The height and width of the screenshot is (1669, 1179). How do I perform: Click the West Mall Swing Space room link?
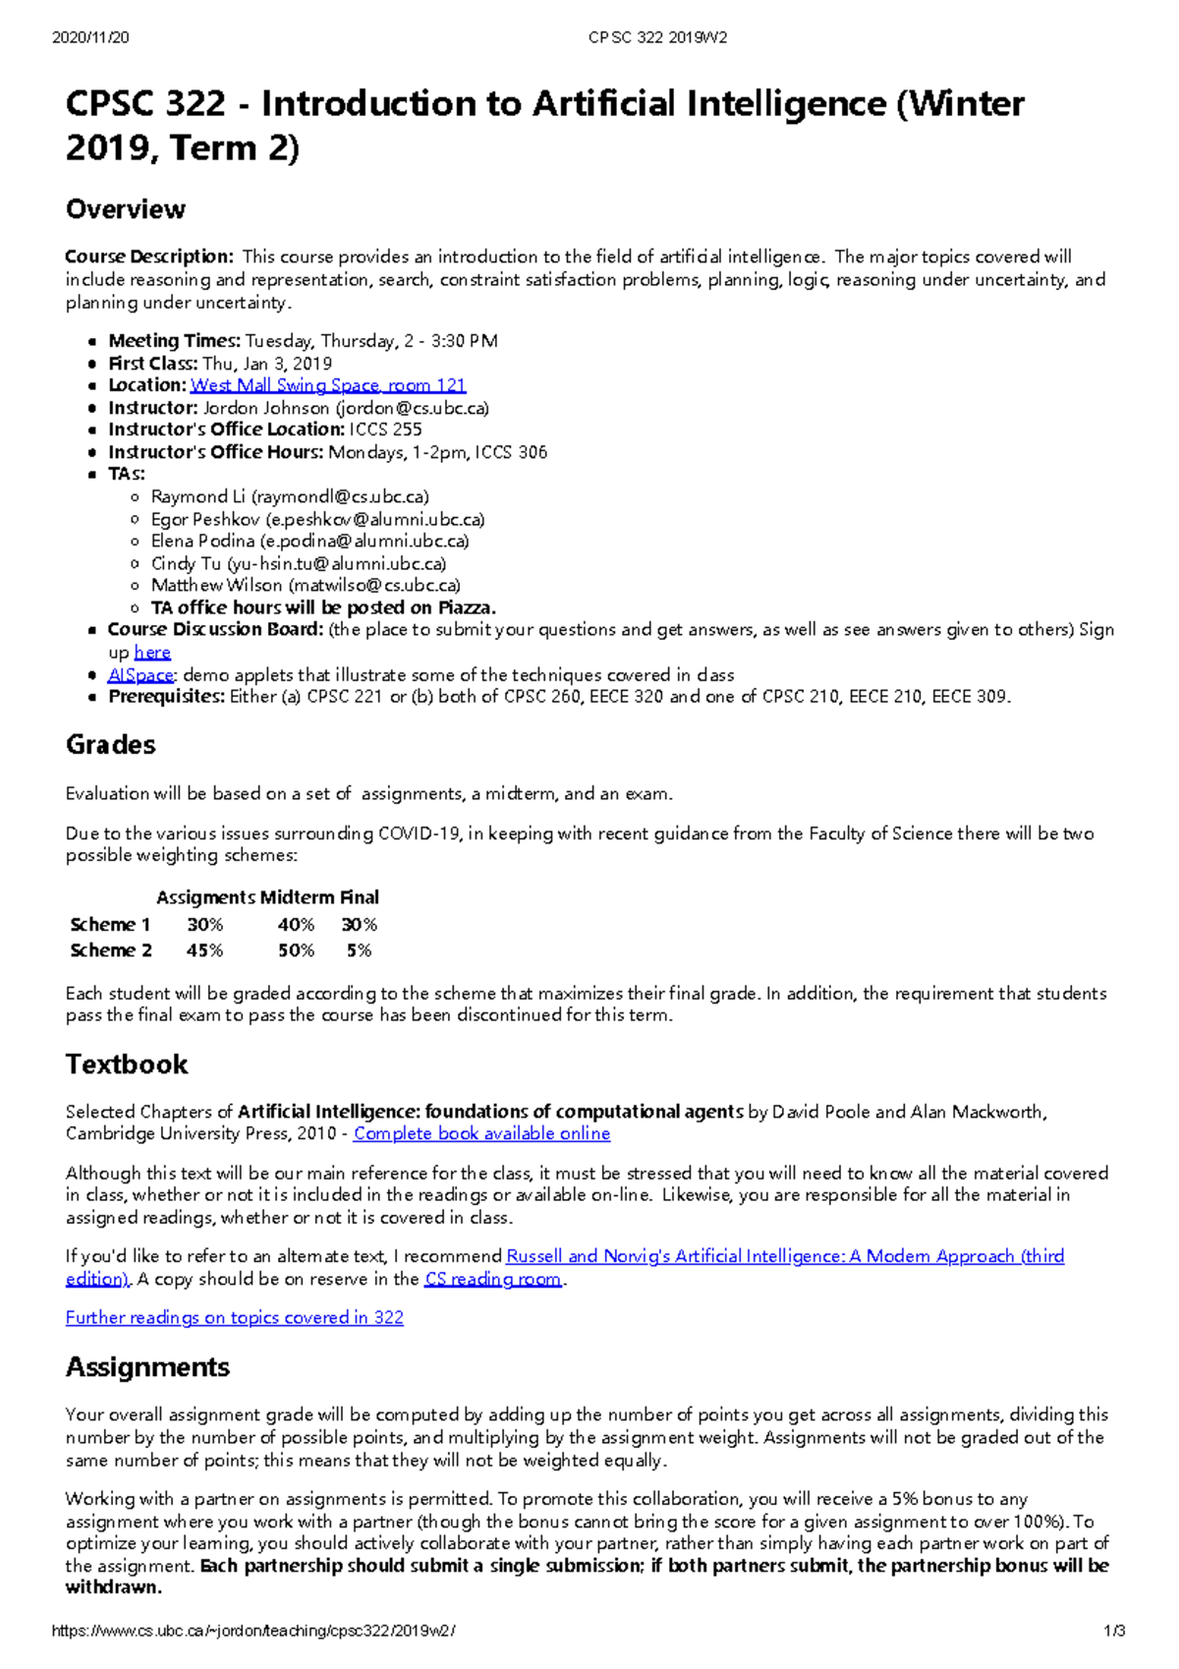(x=328, y=385)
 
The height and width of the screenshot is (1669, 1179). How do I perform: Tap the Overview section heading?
(x=125, y=209)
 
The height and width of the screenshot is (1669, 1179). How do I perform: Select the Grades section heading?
(x=110, y=745)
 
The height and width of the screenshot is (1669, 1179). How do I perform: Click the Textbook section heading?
(x=126, y=1065)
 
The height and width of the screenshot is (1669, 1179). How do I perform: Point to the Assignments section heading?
(x=147, y=1367)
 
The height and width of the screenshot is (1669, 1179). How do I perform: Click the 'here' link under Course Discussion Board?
(x=152, y=653)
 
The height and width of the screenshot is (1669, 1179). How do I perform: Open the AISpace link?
(x=140, y=675)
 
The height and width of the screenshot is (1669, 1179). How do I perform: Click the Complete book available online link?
(x=481, y=1133)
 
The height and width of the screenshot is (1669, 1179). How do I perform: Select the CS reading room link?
(x=493, y=1279)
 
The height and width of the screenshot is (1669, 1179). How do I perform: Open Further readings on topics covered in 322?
(x=234, y=1317)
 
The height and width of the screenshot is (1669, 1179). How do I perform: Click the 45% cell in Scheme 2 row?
(x=204, y=950)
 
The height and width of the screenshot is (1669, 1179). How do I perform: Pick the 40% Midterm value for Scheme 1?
(x=296, y=925)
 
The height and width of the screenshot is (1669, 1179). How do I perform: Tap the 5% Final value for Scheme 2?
(x=359, y=950)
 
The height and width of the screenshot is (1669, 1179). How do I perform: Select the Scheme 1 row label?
(x=110, y=925)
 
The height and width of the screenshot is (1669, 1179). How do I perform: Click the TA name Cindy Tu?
(x=186, y=564)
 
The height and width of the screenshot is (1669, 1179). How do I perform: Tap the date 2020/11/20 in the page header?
(x=89, y=37)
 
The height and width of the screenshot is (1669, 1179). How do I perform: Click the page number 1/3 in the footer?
(x=1114, y=1631)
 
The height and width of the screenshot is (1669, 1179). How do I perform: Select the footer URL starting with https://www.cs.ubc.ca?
(x=253, y=1631)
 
